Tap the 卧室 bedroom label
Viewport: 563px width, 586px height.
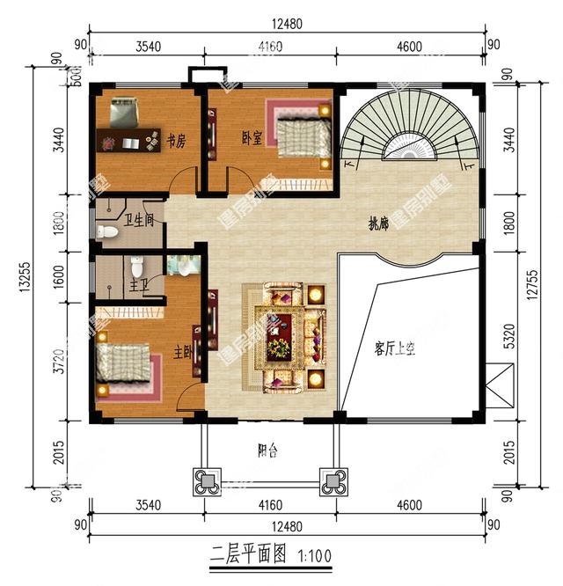pos(252,138)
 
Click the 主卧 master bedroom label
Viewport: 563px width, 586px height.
pos(183,352)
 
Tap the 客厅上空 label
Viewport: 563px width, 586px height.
pos(394,349)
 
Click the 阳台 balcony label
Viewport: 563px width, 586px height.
pos(268,452)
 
